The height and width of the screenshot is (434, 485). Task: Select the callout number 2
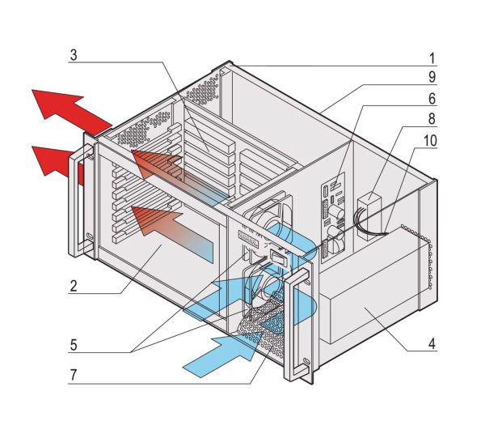pyautogui.click(x=73, y=286)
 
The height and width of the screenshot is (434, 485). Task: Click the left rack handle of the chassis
pyautogui.click(x=79, y=198)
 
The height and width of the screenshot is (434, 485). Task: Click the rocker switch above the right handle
pyautogui.click(x=277, y=259)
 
